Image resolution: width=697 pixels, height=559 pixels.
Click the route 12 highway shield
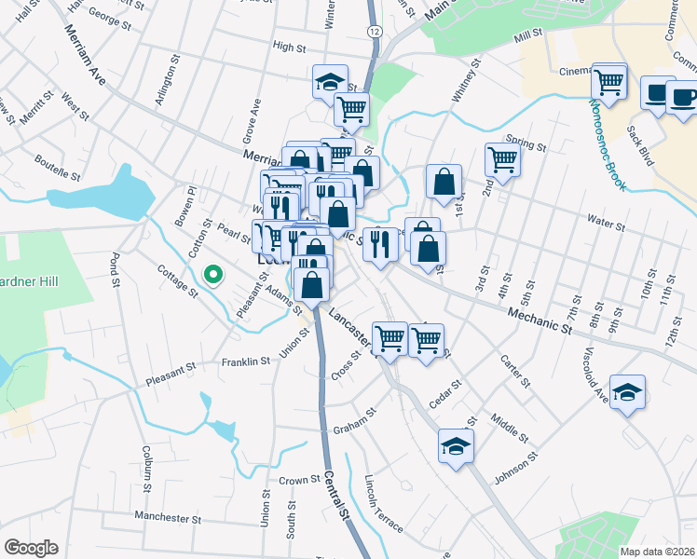374,31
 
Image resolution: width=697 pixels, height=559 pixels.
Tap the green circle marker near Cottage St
212,274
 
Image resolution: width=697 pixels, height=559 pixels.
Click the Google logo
31,547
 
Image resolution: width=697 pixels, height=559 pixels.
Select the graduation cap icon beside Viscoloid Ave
628,390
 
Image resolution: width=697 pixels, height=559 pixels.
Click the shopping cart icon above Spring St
502,158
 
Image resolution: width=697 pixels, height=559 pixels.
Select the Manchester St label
168,517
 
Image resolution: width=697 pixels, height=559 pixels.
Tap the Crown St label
299,482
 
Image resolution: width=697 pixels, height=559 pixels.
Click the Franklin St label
245,361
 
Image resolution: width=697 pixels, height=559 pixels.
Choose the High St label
289,47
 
